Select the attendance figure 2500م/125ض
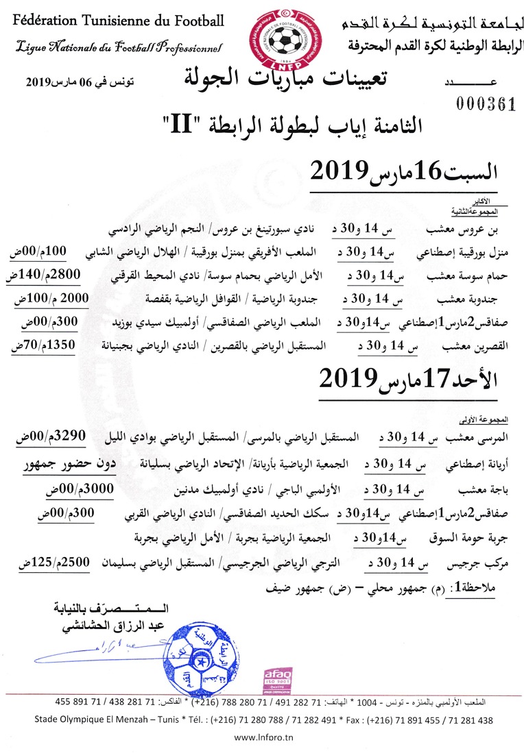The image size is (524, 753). click(47, 561)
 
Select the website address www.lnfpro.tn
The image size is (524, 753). click(263, 738)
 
